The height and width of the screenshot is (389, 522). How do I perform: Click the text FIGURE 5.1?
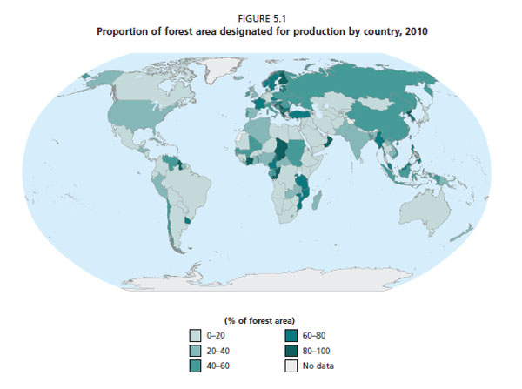pyautogui.click(x=261, y=15)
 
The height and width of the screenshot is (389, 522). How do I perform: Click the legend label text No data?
pyautogui.click(x=318, y=366)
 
